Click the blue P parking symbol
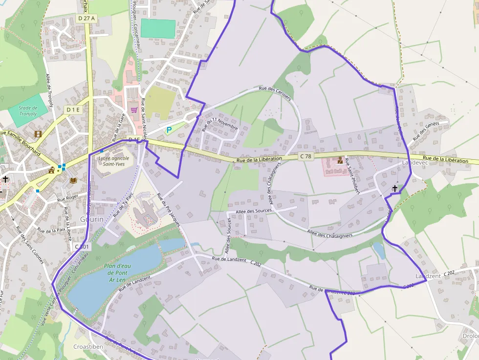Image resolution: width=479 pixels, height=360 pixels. coord(169,130)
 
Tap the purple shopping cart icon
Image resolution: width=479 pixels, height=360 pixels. coord(133,110)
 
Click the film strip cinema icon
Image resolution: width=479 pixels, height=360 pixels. coord(38,133)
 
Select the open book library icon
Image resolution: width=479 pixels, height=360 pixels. coord(73,180)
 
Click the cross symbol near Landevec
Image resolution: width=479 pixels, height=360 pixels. coord(395,188)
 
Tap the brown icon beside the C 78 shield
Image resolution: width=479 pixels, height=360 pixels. coord(340,160)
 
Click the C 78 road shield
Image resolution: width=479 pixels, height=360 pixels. coord(305,156)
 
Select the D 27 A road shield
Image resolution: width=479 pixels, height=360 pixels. coord(87,18)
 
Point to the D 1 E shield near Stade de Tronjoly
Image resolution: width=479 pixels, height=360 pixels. coord(73,110)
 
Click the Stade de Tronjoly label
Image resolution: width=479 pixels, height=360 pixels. coord(28,111)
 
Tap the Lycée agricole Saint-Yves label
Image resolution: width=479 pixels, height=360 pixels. coord(113,161)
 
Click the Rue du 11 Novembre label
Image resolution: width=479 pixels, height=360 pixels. coord(219,124)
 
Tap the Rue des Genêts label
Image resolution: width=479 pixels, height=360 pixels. coord(426,131)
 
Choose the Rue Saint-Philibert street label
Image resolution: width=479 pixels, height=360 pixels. coord(352,176)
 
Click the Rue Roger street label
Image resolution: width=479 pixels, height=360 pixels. coord(68,198)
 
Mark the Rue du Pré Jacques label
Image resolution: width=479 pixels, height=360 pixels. coord(169,210)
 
